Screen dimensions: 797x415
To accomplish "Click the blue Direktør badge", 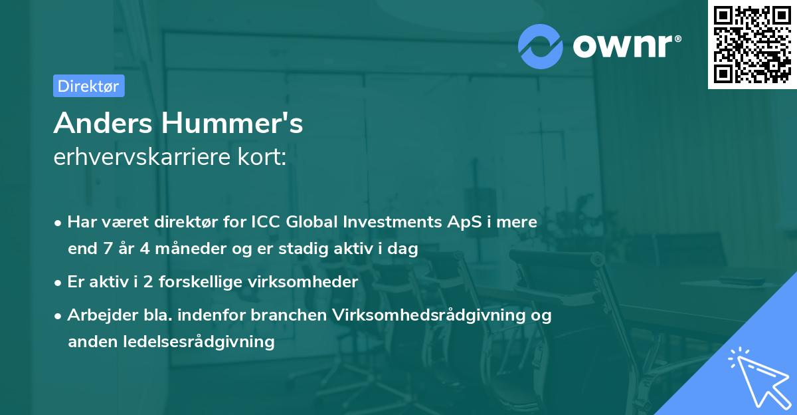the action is pyautogui.click(x=89, y=86).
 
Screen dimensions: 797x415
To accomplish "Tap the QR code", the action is pyautogui.click(x=753, y=45).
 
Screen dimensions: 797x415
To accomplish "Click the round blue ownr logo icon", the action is pyautogui.click(x=540, y=47).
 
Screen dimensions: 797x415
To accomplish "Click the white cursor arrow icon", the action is pyautogui.click(x=760, y=378).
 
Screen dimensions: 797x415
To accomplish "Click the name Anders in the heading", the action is pyautogui.click(x=103, y=123).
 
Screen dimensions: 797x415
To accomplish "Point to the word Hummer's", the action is pyautogui.click(x=232, y=123).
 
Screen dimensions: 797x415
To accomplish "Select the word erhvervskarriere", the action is pyautogui.click(x=142, y=157).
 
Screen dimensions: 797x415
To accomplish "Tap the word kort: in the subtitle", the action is pyautogui.click(x=262, y=157).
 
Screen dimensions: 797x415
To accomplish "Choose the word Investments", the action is pyautogui.click(x=392, y=222).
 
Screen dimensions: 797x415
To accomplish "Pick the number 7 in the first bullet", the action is pyautogui.click(x=108, y=249).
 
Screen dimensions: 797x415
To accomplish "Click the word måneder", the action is pyautogui.click(x=191, y=249).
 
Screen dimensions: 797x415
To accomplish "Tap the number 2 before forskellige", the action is pyautogui.click(x=148, y=282).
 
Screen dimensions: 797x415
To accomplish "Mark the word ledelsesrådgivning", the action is pyautogui.click(x=199, y=342).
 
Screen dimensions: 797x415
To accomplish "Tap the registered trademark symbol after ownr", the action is pyautogui.click(x=677, y=39).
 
